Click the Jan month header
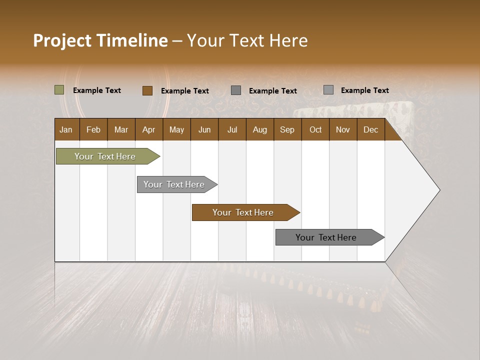[66, 129]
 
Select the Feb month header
[93, 129]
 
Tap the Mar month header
[121, 129]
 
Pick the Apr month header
[148, 129]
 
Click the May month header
[176, 129]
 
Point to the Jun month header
[204, 129]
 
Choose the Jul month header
[232, 129]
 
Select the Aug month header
[259, 129]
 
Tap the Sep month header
[287, 129]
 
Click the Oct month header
[315, 129]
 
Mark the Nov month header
[343, 129]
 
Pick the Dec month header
[370, 129]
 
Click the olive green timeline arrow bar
[105, 156]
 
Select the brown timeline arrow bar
[243, 212]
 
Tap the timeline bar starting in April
[174, 184]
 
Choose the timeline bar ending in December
[326, 237]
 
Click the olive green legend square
[59, 90]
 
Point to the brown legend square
[147, 90]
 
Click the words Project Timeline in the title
[100, 40]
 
